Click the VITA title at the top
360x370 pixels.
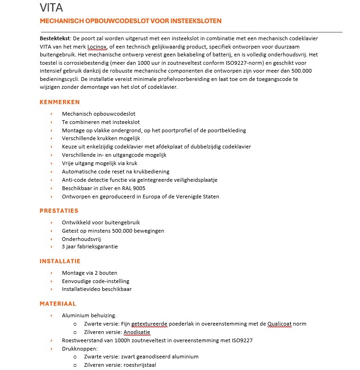point(51,8)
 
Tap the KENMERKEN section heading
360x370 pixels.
point(60,102)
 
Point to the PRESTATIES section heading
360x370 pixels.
point(59,211)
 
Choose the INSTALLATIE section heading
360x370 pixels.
point(60,261)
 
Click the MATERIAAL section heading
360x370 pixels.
point(58,304)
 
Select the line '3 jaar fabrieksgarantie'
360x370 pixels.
point(90,247)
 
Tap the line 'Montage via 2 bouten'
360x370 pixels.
point(89,273)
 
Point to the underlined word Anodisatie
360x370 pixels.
point(137,332)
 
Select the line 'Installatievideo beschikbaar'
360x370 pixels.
point(97,289)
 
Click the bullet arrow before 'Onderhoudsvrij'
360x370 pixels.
point(51,239)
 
